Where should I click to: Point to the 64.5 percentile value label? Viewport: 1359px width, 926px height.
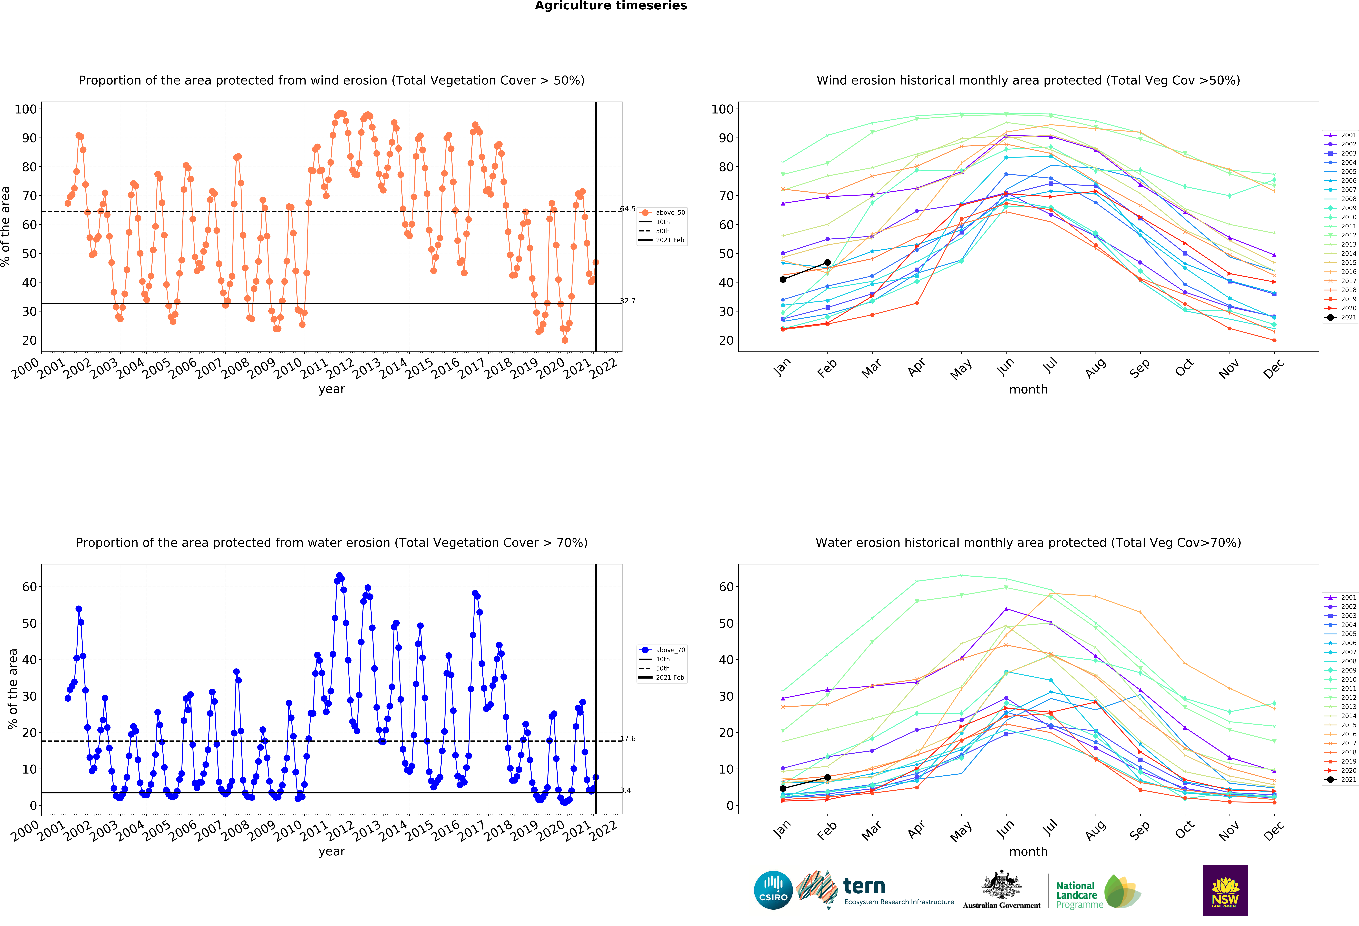pyautogui.click(x=628, y=209)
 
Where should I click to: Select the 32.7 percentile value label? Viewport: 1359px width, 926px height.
pyautogui.click(x=628, y=301)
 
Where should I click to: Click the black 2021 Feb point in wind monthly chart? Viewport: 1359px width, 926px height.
pyautogui.click(x=827, y=262)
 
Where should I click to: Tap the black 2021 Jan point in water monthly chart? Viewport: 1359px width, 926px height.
pyautogui.click(x=783, y=788)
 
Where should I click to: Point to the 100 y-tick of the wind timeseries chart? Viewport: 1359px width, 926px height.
pyautogui.click(x=26, y=109)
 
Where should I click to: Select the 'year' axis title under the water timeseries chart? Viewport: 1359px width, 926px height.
pyautogui.click(x=332, y=852)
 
